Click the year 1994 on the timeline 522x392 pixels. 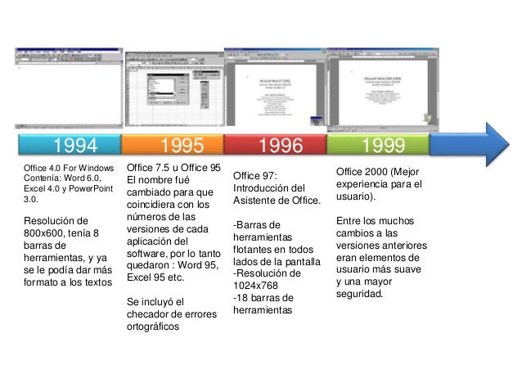(x=75, y=146)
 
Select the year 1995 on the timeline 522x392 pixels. (x=182, y=146)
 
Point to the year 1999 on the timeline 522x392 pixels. (x=377, y=146)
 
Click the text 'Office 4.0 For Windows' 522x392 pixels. (x=70, y=169)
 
